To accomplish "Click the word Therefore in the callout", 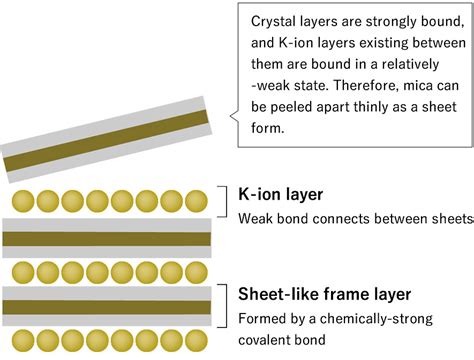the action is (x=364, y=86).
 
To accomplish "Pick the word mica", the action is (x=417, y=86).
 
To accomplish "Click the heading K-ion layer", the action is (x=281, y=194).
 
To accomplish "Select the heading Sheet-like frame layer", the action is (x=325, y=294).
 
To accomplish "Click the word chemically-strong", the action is (x=376, y=319).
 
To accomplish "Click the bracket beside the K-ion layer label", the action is (x=227, y=202).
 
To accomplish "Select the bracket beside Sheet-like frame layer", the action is (x=227, y=306).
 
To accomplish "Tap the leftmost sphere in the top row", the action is (x=23, y=201).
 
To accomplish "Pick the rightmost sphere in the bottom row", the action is (x=196, y=341).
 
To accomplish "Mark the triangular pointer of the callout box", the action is (x=234, y=116).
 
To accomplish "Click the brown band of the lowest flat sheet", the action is (x=107, y=307).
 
